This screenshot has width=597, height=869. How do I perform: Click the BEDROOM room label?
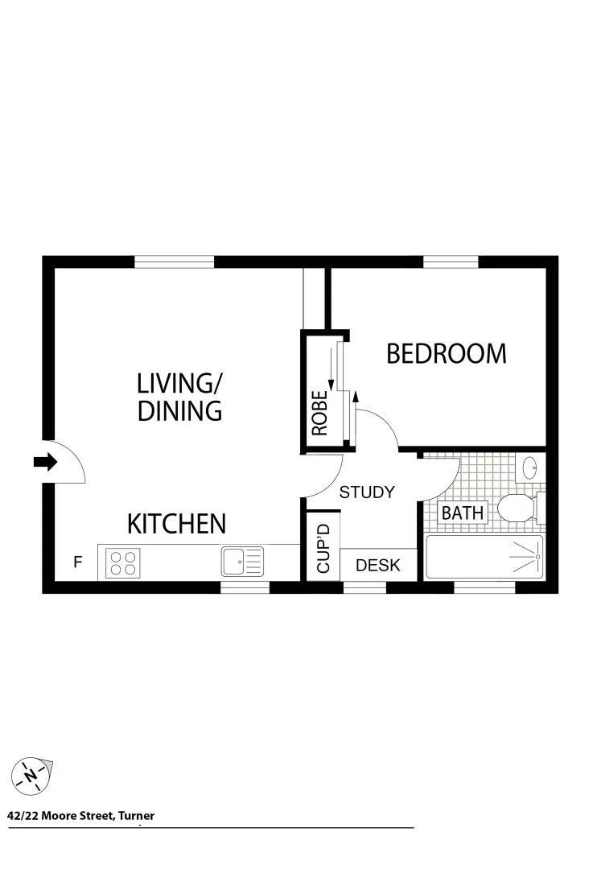click(447, 353)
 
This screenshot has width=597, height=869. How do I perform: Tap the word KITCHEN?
click(177, 525)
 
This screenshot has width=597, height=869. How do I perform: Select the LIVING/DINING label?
click(179, 396)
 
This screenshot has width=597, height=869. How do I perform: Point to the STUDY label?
click(367, 492)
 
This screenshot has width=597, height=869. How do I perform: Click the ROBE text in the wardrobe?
click(319, 413)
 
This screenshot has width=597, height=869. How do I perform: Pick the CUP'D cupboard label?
click(324, 550)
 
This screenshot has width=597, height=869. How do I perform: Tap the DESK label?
click(378, 565)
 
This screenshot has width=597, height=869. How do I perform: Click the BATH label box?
click(463, 513)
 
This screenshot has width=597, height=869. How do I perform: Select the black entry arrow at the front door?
click(45, 462)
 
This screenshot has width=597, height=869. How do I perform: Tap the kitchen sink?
click(242, 561)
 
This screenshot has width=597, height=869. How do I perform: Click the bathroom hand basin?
click(530, 467)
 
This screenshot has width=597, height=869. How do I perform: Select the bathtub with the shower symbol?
click(484, 557)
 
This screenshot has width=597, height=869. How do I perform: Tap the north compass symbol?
click(31, 776)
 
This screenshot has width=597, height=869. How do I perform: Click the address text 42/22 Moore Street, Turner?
click(80, 816)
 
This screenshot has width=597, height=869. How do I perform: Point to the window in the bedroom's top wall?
click(451, 262)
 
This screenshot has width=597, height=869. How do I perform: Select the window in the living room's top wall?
click(175, 262)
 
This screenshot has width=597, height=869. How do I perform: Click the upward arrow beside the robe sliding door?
click(355, 396)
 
